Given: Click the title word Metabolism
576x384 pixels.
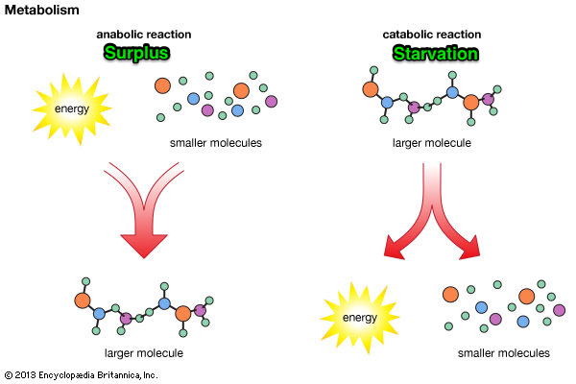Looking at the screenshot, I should point(39,10).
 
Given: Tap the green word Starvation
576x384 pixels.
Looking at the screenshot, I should point(435,52).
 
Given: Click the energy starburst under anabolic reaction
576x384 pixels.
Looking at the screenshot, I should point(73,108).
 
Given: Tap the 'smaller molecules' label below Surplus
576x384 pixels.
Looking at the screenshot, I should point(214,144).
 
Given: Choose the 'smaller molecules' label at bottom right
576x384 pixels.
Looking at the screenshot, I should point(503,352).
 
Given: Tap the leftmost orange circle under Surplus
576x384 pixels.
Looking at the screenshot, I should point(164,84).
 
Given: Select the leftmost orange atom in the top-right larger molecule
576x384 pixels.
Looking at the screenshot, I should point(371,91).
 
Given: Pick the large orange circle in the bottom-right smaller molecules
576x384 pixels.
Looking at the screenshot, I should point(526,296).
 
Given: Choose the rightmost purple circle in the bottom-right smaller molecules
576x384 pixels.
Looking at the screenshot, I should point(559,309).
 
